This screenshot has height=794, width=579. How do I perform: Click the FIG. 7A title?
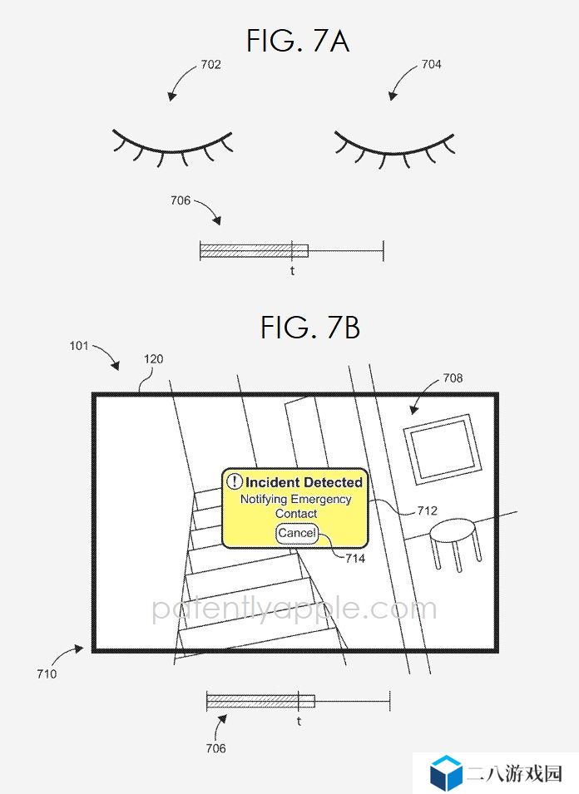tap(297, 41)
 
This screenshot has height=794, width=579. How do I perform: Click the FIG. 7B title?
tap(310, 327)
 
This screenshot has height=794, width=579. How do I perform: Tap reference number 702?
tap(210, 64)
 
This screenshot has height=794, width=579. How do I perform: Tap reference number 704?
tap(431, 64)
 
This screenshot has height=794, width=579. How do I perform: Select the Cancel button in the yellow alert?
tap(297, 534)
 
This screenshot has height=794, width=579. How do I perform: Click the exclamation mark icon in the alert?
tap(234, 481)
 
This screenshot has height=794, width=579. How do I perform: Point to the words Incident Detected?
tap(304, 482)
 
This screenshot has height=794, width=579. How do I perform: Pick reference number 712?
tap(427, 510)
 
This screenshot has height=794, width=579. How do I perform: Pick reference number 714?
tap(355, 559)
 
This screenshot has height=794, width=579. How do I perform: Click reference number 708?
tap(453, 377)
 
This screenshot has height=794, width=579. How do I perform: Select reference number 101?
tap(78, 346)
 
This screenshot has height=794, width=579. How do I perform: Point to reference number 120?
tap(153, 359)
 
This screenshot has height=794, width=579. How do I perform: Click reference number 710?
tap(47, 674)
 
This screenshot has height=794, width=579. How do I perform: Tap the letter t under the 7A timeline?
tap(292, 271)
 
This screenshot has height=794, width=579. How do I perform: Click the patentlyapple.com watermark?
tap(294, 609)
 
